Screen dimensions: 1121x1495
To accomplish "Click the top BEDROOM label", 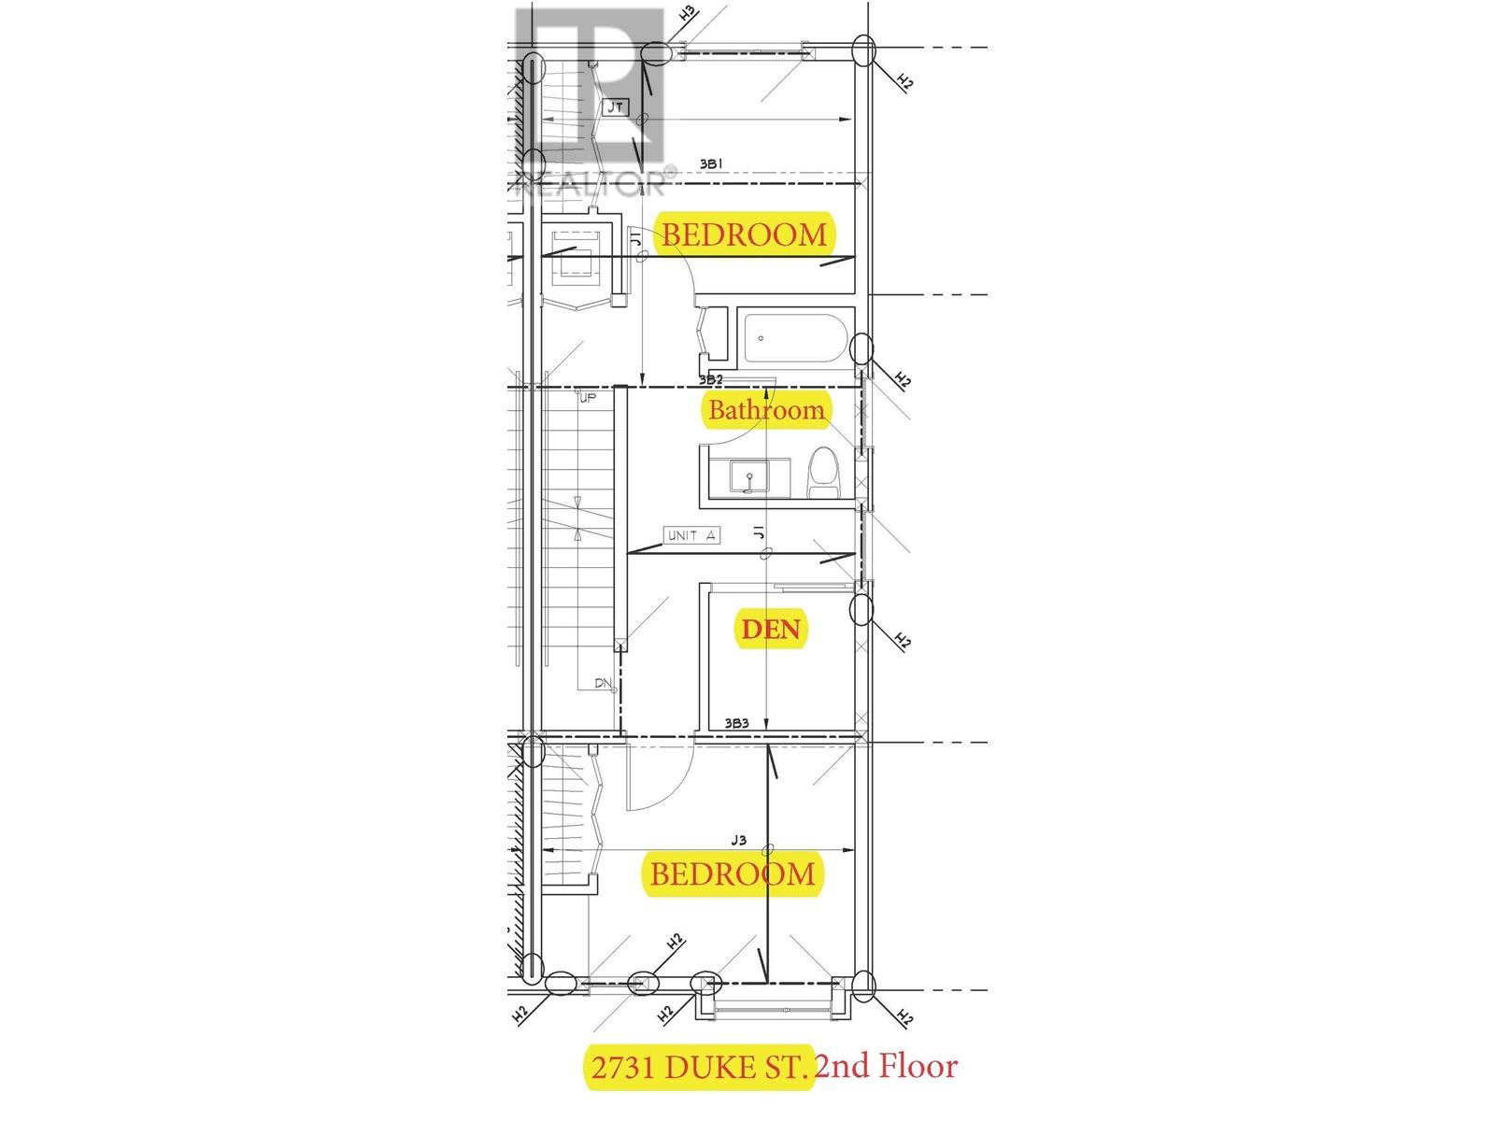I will [x=745, y=234].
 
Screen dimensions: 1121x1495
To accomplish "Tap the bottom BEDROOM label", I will [x=733, y=874].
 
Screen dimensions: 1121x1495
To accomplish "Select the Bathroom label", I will [x=766, y=409].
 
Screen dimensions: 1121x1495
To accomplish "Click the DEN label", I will [x=770, y=629].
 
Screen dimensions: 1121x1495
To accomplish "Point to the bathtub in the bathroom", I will [x=796, y=337].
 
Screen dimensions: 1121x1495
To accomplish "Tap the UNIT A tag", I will [x=691, y=535].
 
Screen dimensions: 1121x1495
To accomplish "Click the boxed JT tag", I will [x=616, y=107].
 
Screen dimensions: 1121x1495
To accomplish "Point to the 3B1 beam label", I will [x=712, y=164].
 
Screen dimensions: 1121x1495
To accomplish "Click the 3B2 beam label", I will [x=711, y=380].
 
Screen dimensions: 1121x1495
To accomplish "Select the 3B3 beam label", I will [x=737, y=722].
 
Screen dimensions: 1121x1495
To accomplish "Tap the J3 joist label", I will [x=738, y=840].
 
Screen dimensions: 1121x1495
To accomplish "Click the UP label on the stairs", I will [x=587, y=399].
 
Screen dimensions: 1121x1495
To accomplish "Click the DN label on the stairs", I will [x=603, y=684].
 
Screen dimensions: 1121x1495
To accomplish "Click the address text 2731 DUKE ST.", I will [x=698, y=1067].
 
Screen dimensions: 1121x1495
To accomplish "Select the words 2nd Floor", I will [x=887, y=1066].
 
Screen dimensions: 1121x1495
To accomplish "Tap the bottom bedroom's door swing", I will [x=660, y=780].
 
